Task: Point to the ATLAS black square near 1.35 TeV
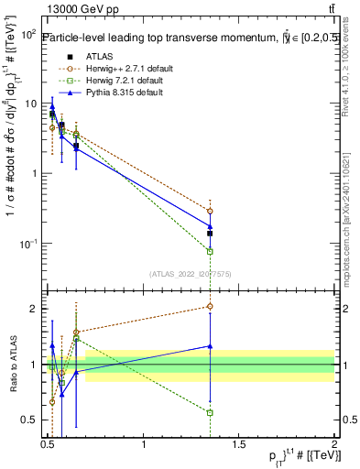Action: [x=211, y=234]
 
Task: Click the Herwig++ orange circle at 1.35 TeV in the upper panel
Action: [x=211, y=212]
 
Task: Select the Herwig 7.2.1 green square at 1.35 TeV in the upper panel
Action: [x=211, y=251]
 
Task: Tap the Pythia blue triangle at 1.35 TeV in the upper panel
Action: [x=211, y=225]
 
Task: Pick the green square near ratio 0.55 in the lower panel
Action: [x=211, y=413]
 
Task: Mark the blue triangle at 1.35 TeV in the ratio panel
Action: [x=211, y=346]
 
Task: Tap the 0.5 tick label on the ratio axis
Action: [x=28, y=420]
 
